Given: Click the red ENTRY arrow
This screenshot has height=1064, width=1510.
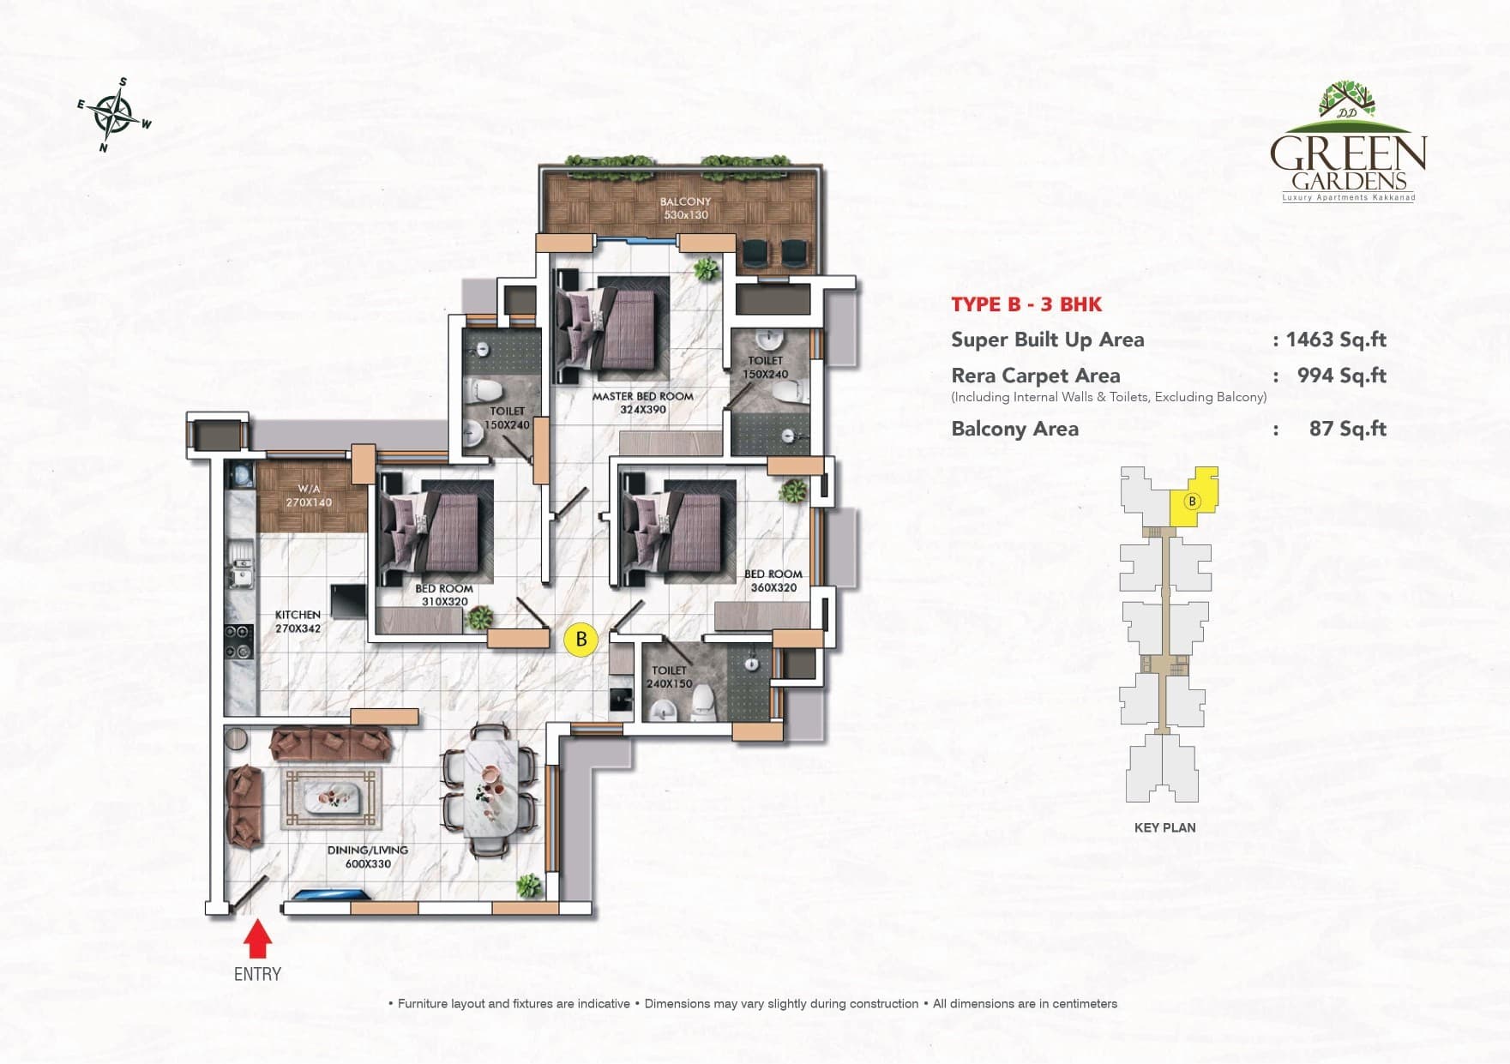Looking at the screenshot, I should [257, 940].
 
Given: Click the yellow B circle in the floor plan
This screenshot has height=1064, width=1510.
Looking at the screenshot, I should [581, 639].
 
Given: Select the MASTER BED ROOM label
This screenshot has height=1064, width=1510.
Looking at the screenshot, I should [642, 403].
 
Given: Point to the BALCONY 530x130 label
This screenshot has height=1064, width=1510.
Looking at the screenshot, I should [685, 208].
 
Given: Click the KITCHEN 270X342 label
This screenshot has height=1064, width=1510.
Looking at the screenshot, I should [298, 622].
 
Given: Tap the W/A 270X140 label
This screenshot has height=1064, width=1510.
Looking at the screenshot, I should [309, 496].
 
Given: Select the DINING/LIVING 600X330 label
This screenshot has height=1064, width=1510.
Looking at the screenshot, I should [368, 857].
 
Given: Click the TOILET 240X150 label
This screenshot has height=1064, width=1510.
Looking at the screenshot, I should [669, 677].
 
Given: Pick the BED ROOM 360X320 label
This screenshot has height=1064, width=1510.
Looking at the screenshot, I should [773, 580].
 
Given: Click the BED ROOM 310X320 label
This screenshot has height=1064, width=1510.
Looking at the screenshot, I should [444, 595].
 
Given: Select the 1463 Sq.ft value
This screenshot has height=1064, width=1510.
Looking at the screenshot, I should [1335, 340].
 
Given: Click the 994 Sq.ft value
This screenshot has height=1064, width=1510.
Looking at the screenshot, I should [1341, 376].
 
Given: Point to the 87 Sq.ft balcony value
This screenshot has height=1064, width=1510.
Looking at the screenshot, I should [1347, 429].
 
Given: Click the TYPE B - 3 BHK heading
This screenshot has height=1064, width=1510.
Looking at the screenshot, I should [1026, 304].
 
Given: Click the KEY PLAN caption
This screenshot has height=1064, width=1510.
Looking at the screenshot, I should [1164, 827].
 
